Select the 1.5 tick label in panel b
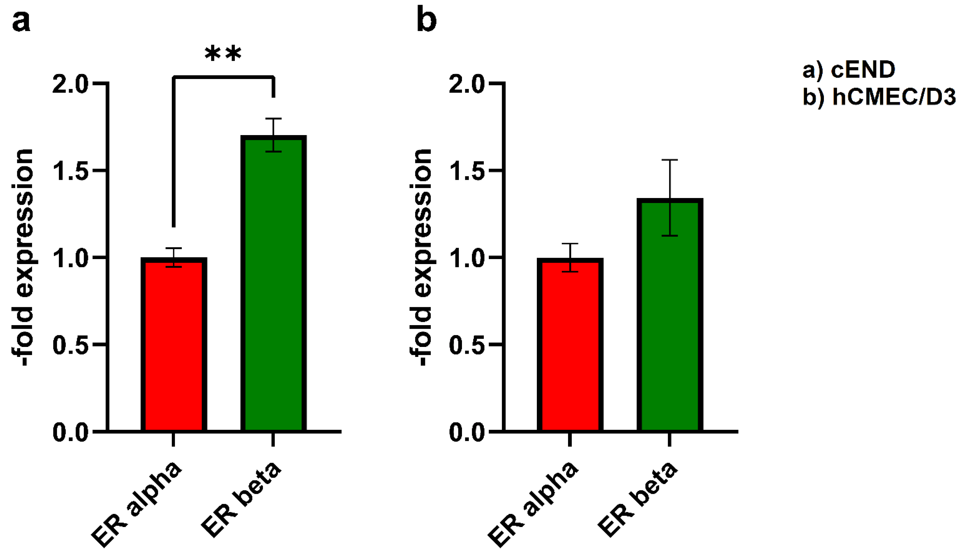(466, 170)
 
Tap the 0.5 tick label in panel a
(70, 345)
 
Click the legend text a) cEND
(849, 70)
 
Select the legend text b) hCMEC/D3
(879, 97)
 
